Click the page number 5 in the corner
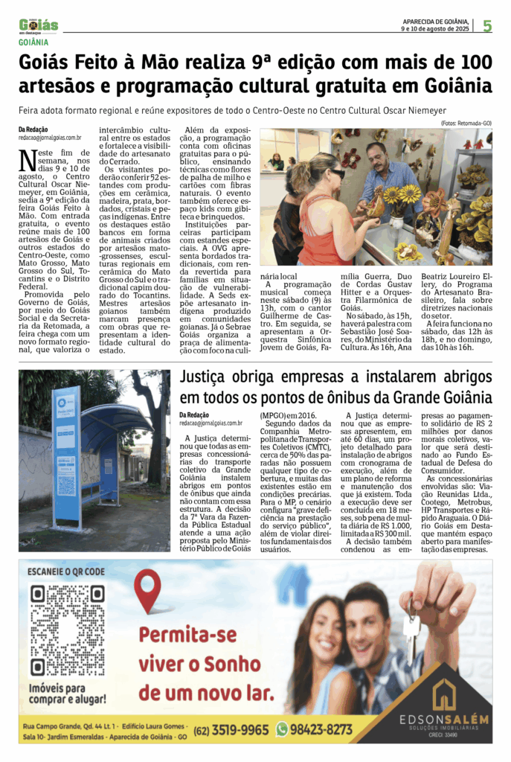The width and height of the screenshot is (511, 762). click(487, 26)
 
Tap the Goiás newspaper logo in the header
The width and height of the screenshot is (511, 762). click(39, 25)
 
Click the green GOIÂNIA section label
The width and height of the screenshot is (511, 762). click(34, 42)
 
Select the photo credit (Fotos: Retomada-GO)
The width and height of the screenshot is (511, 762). click(466, 123)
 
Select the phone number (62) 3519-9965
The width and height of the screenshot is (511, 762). click(231, 729)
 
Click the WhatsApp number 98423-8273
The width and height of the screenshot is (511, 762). click(321, 729)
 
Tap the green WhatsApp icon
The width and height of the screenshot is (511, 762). click(282, 729)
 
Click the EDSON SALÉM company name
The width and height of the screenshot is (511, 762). click(443, 720)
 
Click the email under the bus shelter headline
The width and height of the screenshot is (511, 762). click(211, 423)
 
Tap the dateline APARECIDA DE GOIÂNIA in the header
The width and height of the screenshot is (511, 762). click(435, 22)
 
